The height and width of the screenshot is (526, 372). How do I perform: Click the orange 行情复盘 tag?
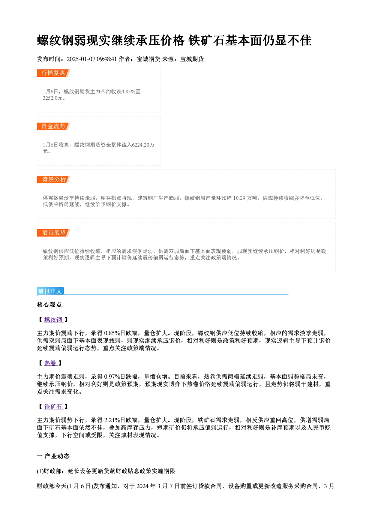click(54, 73)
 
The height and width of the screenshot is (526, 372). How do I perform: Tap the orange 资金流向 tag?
click(54, 126)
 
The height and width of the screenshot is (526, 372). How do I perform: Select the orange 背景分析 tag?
click(54, 180)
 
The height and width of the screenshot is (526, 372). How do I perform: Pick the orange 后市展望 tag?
click(54, 233)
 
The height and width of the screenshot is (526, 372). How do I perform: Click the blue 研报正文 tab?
click(50, 291)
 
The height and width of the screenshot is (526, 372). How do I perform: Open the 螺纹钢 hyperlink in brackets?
click(54, 319)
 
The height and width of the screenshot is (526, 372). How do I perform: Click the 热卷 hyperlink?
click(51, 363)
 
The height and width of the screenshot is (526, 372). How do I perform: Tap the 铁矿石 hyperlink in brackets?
click(54, 406)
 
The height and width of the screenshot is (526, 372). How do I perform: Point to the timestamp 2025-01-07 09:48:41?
click(92, 59)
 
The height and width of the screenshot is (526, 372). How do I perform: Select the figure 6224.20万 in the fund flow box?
click(143, 145)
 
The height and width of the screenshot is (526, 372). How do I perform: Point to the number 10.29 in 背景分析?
click(239, 198)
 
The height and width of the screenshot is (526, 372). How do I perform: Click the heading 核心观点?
click(49, 305)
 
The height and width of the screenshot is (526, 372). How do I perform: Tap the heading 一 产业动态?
click(53, 456)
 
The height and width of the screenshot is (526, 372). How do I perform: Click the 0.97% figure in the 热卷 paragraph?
click(112, 377)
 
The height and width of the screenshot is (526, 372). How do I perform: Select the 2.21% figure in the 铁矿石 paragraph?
click(112, 420)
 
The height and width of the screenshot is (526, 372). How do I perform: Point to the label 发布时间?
click(49, 59)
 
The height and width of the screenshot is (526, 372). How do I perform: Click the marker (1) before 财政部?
click(40, 471)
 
